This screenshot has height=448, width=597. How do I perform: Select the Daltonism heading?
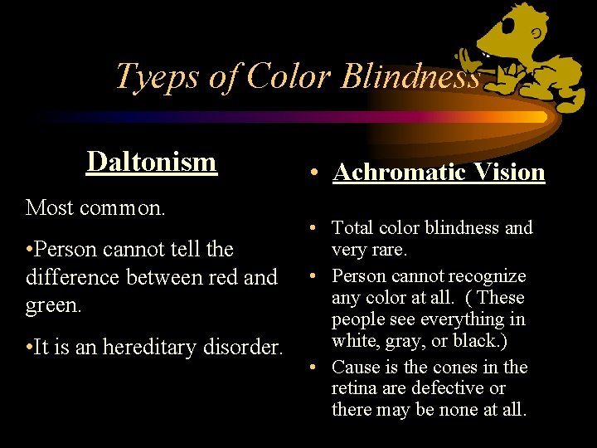(152, 161)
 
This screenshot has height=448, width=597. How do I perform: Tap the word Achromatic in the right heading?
(391, 172)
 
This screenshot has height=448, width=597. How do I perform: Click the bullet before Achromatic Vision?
(316, 173)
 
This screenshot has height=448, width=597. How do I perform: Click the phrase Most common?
(96, 207)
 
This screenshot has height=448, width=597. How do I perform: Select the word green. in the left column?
(54, 305)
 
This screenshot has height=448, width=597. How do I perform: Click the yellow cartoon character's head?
(508, 33)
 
